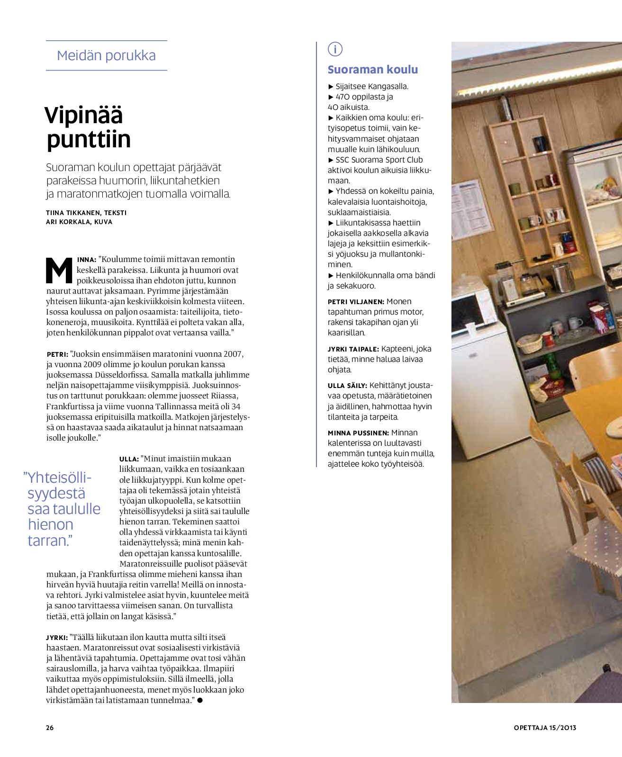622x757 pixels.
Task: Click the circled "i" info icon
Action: point(335,49)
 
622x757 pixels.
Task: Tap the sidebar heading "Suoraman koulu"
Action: point(372,70)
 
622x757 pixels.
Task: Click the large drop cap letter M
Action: point(59,270)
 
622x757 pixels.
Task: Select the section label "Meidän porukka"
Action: point(106,55)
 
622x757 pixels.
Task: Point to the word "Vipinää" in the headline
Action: point(84,115)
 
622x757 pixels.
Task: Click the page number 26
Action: point(50,728)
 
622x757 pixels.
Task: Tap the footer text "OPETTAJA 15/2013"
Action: point(545,728)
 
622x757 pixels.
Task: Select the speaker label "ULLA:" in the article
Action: point(129,459)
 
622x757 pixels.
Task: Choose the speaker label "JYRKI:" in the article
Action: point(57,638)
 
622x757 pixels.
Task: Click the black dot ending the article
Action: point(199,700)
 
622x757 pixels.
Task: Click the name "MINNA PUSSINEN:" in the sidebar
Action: point(358,433)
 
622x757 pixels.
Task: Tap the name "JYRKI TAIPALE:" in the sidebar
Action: point(353,349)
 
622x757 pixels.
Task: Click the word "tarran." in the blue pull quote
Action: point(50,541)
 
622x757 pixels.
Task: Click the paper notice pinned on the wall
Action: point(472,208)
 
